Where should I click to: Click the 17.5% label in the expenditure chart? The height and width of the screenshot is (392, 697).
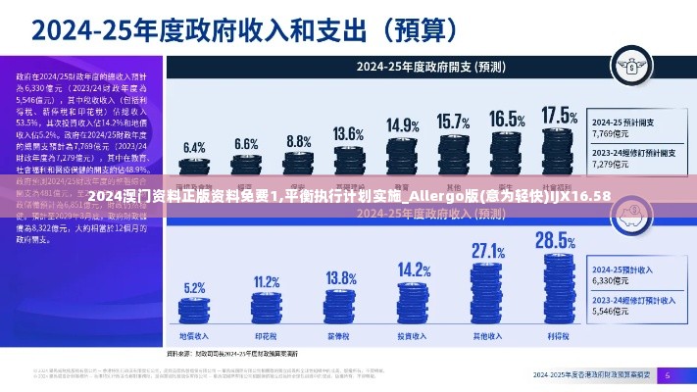[560, 116]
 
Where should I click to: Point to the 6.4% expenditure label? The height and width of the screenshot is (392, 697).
[194, 147]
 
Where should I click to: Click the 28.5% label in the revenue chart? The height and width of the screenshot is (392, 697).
[555, 240]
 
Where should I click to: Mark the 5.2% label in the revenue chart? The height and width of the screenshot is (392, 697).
[194, 288]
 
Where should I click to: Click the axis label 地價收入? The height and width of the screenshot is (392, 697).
[194, 334]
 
